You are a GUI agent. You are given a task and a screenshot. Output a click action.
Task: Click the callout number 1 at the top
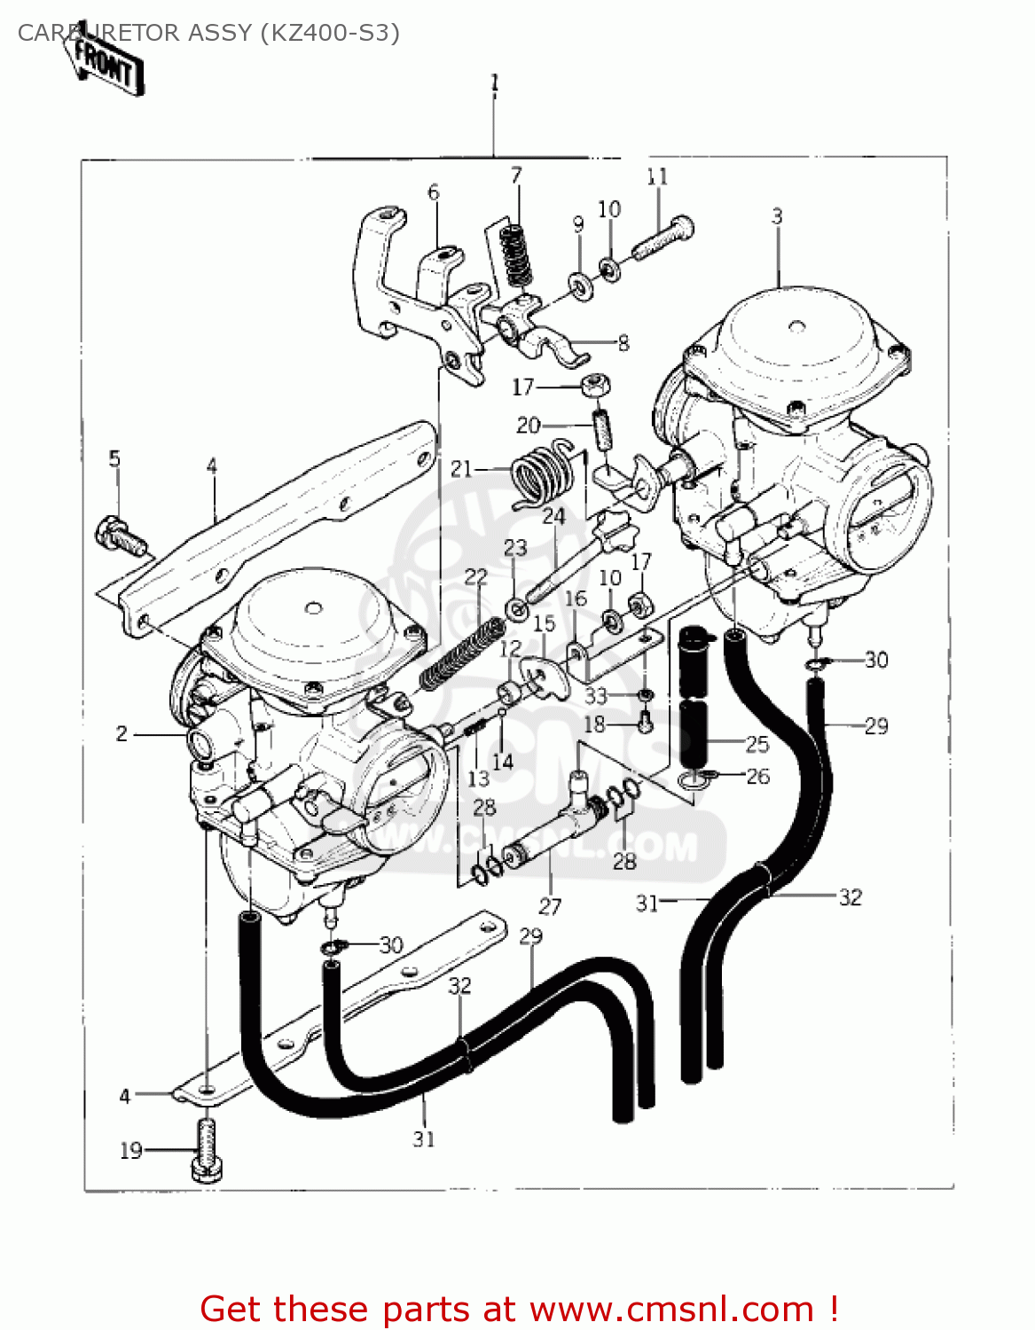(495, 83)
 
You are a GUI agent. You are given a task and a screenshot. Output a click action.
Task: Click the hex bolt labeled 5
(117, 536)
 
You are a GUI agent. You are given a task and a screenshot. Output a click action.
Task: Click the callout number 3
(777, 215)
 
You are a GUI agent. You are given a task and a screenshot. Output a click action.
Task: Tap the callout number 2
(122, 733)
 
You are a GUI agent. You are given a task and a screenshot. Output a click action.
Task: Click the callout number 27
(550, 905)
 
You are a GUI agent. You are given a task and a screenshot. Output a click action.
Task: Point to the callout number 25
(757, 743)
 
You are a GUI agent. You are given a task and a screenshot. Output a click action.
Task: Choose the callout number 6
(433, 192)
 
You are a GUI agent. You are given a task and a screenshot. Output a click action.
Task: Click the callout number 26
(757, 776)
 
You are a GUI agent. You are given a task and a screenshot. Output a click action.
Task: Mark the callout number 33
(595, 696)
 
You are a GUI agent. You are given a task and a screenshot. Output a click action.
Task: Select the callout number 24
(553, 516)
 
